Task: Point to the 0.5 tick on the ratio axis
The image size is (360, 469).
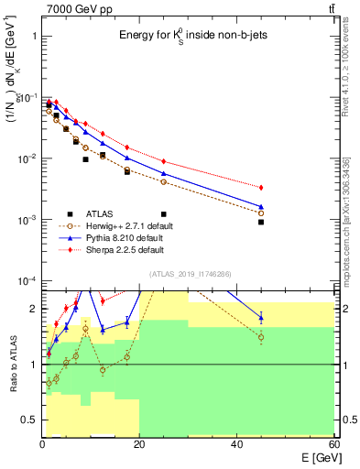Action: (x=30, y=420)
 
